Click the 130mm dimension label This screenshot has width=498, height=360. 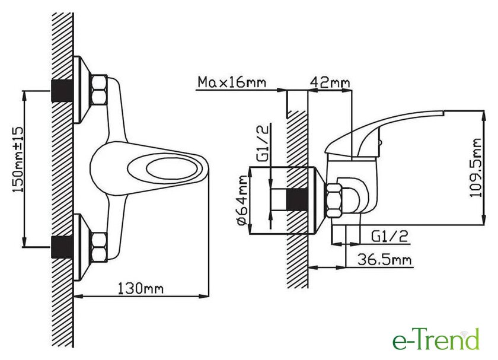(x=141, y=288)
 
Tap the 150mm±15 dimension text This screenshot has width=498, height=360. (x=18, y=160)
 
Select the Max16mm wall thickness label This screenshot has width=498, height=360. (x=232, y=82)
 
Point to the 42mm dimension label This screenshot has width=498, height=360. (x=330, y=82)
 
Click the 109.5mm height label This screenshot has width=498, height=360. (x=475, y=167)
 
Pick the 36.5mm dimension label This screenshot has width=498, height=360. (x=384, y=260)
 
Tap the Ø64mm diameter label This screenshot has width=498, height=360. (x=242, y=201)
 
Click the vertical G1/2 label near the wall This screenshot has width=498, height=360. (x=262, y=143)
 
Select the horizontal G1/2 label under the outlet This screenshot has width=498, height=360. (x=390, y=237)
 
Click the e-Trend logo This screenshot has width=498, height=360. (x=436, y=340)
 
